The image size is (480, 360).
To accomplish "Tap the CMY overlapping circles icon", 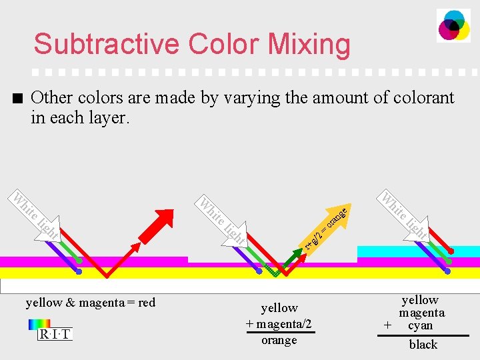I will pyautogui.click(x=453, y=26).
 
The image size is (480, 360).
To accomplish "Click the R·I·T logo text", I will pyautogui.click(x=54, y=334).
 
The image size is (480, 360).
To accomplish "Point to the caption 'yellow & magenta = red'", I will pyautogui.click(x=90, y=303).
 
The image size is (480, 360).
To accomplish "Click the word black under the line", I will pyautogui.click(x=423, y=344).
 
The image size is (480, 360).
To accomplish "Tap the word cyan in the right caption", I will pyautogui.click(x=420, y=325).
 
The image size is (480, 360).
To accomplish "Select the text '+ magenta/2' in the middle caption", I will pyautogui.click(x=279, y=324).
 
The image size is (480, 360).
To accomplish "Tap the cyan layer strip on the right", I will pyautogui.click(x=418, y=251).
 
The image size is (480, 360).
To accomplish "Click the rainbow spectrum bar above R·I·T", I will pyautogui.click(x=39, y=324).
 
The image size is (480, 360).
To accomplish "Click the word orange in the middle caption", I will pyautogui.click(x=279, y=340).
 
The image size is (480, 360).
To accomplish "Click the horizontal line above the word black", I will pyautogui.click(x=423, y=335).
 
